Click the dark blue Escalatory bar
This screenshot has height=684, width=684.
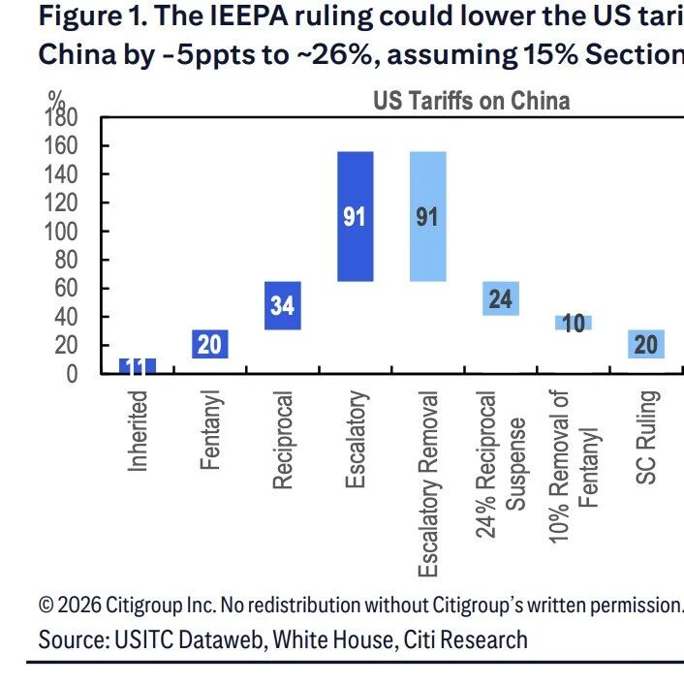pyautogui.click(x=355, y=216)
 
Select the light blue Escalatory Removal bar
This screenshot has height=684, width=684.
pyautogui.click(x=427, y=216)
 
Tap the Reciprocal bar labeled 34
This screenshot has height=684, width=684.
pyautogui.click(x=282, y=306)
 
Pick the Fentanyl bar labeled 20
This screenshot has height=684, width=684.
pyautogui.click(x=210, y=344)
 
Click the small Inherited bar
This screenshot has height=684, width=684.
pyautogui.click(x=138, y=365)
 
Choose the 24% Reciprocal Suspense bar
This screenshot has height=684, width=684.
pyautogui.click(x=500, y=298)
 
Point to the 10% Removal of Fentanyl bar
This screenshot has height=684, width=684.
pyautogui.click(x=574, y=323)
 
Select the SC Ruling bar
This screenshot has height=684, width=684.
pyautogui.click(x=646, y=344)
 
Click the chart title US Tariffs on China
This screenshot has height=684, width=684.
pyautogui.click(x=472, y=101)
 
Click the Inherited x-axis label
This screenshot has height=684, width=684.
pyautogui.click(x=139, y=430)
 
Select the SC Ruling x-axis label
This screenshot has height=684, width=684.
pyautogui.click(x=647, y=436)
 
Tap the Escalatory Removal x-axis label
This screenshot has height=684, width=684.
pyautogui.click(x=428, y=484)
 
